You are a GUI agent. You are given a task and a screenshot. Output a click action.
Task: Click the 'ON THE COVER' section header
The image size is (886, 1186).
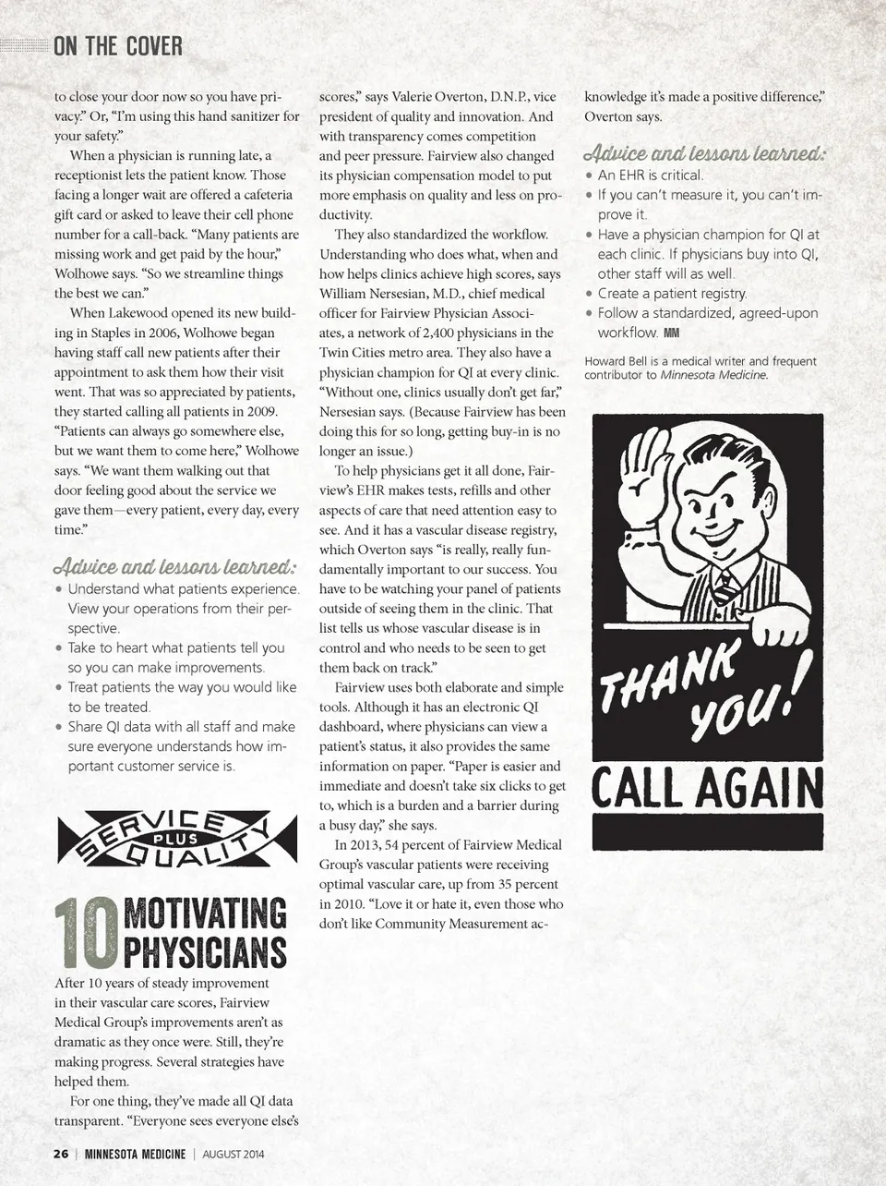117,45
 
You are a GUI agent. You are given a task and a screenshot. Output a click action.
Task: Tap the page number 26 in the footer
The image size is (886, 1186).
61,1154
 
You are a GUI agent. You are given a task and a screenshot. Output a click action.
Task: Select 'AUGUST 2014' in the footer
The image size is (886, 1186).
233,1154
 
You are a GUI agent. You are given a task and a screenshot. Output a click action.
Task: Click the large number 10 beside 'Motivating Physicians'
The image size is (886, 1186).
87,934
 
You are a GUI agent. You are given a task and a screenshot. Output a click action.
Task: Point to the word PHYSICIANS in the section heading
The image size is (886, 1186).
205,952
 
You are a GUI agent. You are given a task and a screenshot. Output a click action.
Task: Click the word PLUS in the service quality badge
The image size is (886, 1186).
175,840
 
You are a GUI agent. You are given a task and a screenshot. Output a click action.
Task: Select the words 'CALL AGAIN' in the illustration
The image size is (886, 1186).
707,791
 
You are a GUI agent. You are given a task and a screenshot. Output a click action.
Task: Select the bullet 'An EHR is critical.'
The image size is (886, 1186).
650,175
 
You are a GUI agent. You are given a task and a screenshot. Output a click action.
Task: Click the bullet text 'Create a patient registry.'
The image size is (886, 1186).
672,294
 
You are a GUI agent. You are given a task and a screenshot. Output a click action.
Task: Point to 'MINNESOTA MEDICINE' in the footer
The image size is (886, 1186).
135,1154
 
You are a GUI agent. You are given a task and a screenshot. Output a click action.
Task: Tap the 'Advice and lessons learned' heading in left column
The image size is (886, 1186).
174,566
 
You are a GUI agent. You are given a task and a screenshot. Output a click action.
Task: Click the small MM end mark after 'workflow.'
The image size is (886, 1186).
671,333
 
